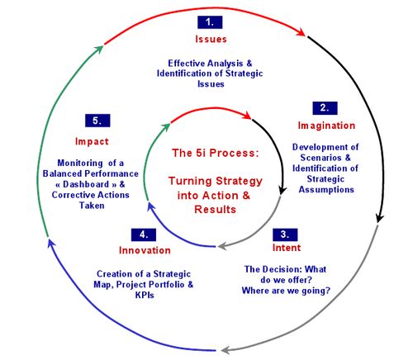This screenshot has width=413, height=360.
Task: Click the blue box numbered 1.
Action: point(210,22)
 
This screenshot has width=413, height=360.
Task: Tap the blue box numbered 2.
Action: point(325,108)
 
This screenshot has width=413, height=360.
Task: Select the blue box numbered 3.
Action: point(285,234)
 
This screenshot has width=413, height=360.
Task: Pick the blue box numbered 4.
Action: point(144,234)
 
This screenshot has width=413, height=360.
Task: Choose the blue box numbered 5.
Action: point(97,121)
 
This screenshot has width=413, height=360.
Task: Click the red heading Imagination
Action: point(326,126)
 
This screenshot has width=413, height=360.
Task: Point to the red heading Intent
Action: point(287,248)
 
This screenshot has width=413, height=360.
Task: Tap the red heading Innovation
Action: point(145,250)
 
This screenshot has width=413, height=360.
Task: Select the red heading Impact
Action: point(92,141)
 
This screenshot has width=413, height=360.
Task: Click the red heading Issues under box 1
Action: point(211,39)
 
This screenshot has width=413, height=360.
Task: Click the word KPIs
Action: point(145,295)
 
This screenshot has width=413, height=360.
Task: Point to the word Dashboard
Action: point(86,184)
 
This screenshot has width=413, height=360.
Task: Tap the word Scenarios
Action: point(320,158)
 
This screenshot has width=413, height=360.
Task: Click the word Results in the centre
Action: point(216,210)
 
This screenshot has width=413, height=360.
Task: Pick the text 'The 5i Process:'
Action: point(216,153)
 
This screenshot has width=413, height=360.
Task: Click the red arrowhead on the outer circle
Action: point(301,31)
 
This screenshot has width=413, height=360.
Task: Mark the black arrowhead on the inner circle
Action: point(282,190)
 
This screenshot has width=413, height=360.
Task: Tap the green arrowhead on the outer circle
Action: point(99,50)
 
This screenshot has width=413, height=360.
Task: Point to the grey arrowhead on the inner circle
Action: point(222,245)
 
